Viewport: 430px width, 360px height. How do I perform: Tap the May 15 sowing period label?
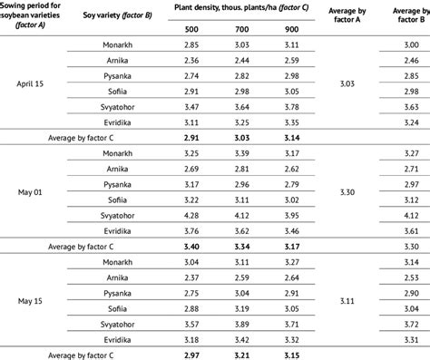(33, 297)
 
